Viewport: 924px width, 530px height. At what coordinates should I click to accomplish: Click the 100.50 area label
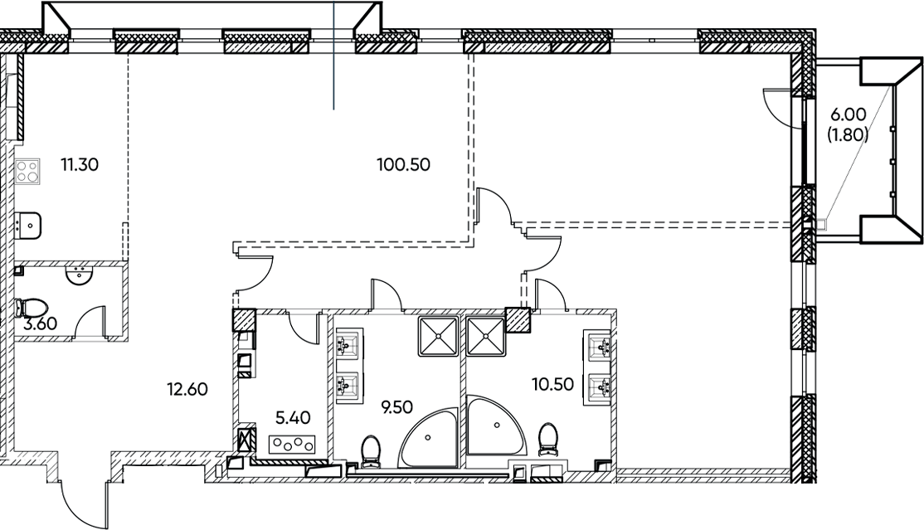click(404, 164)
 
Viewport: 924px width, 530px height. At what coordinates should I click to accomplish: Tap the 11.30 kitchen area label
click(80, 164)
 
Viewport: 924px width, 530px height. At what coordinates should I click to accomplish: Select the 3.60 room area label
click(40, 323)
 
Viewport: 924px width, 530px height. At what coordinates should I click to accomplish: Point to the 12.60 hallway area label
click(187, 389)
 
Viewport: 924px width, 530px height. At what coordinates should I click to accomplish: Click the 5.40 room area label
click(293, 418)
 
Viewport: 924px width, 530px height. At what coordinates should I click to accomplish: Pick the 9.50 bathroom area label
click(396, 406)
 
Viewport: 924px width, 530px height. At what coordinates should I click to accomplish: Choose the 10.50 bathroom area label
click(552, 384)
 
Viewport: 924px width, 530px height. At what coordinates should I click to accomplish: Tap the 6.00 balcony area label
click(848, 114)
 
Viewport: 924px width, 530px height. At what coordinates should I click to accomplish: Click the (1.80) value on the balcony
click(848, 135)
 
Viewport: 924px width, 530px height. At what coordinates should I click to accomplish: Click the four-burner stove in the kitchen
click(27, 172)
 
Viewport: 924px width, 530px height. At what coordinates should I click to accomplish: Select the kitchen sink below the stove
click(27, 226)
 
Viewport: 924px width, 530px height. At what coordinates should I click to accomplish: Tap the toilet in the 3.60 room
click(32, 308)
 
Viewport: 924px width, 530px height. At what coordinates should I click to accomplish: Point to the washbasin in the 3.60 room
click(78, 275)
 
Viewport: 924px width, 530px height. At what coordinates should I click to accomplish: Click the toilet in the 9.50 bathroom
click(371, 452)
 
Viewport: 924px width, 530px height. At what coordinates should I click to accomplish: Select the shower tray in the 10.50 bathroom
click(486, 336)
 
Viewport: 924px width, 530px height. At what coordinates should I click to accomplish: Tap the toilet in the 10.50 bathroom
click(548, 440)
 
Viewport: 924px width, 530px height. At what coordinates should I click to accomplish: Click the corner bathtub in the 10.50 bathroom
click(496, 425)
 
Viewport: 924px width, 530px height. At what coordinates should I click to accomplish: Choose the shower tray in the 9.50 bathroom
click(439, 336)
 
